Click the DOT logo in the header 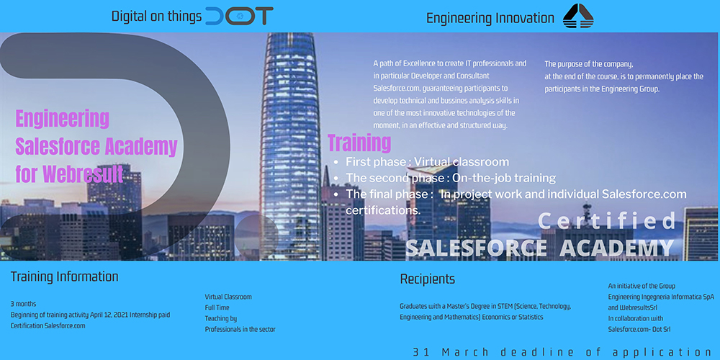[x=239, y=16]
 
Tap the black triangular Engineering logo [x=578, y=16]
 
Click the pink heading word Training [x=359, y=143]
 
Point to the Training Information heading [x=64, y=277]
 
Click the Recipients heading [x=428, y=279]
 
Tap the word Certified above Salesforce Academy [x=606, y=220]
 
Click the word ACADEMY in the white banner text [x=617, y=248]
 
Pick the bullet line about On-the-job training [x=446, y=178]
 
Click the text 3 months [x=24, y=304]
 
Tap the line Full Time [x=217, y=307]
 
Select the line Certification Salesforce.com [x=48, y=325]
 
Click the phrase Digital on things [x=156, y=17]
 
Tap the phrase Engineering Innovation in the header [x=490, y=19]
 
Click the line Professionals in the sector [x=240, y=329]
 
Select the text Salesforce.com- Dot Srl [x=639, y=329]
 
